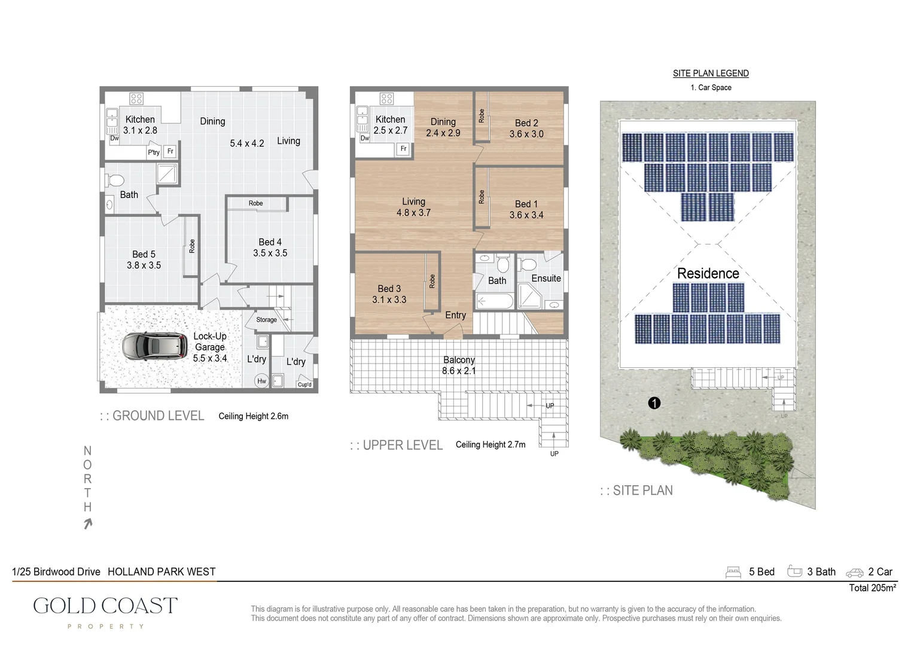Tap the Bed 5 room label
click(x=144, y=254)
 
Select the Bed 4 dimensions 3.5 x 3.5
click(x=270, y=253)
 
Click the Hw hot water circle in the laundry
click(x=261, y=381)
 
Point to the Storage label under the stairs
click(x=266, y=320)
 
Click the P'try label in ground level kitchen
click(x=154, y=153)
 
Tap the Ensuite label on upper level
click(x=546, y=278)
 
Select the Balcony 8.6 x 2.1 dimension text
click(x=459, y=371)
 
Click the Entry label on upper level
click(x=455, y=315)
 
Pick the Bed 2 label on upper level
click(x=526, y=123)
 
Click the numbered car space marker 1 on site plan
click(x=654, y=403)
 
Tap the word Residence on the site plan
click(x=708, y=273)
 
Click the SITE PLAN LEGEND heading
click(x=711, y=73)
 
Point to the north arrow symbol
click(x=88, y=524)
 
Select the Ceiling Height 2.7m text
click(x=490, y=444)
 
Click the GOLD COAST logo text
click(x=105, y=605)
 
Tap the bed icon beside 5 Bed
click(x=733, y=572)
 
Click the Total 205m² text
click(x=872, y=588)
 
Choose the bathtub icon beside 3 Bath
click(x=794, y=571)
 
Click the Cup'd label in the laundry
click(x=304, y=385)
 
